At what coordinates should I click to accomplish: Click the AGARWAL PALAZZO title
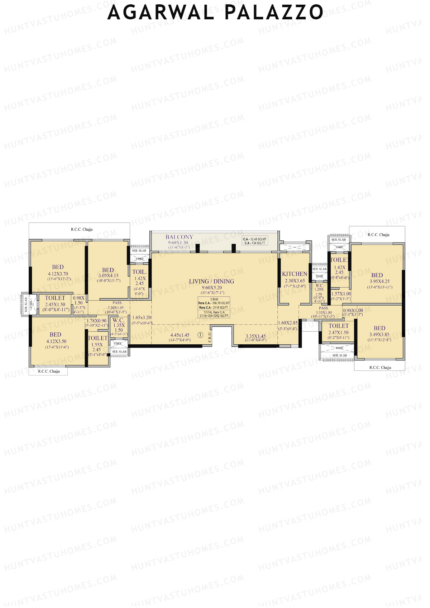click(215, 13)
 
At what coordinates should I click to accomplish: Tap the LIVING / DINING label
click(211, 281)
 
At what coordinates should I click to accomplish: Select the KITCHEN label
click(295, 274)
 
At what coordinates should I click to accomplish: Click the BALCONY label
click(179, 237)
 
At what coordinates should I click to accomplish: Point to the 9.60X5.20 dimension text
click(211, 288)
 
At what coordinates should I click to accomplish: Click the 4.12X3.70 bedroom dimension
click(58, 274)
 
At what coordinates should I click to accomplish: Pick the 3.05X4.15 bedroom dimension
click(108, 276)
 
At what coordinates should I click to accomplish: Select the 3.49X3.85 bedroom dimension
click(379, 335)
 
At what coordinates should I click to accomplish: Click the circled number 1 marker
click(200, 335)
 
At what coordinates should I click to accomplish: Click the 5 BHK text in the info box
click(214, 299)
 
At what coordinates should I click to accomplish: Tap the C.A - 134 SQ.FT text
click(254, 243)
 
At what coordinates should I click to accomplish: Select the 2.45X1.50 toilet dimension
click(55, 305)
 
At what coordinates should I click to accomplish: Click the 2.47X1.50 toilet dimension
click(338, 332)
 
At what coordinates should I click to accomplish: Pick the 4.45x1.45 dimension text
click(180, 335)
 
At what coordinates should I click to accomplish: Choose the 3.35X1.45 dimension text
click(255, 336)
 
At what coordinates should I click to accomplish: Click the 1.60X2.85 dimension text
click(288, 323)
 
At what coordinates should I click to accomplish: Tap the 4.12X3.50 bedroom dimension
click(56, 341)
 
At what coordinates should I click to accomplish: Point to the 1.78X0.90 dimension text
click(96, 321)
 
